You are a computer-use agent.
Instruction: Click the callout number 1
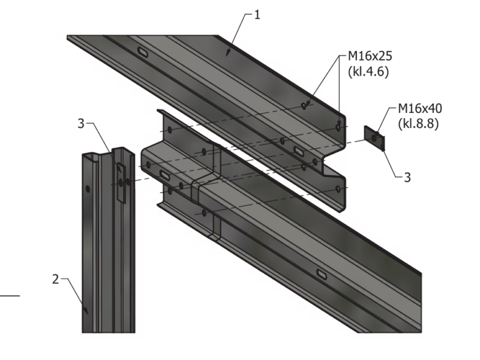coord(257,14)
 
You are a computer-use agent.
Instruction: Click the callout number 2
coord(55,279)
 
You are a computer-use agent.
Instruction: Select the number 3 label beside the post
coord(81,124)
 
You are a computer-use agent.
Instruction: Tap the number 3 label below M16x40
coord(407,177)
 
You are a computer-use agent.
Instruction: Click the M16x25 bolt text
coord(370,56)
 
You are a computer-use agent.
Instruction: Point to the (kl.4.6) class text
coord(368,71)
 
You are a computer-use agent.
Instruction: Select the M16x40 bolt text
coord(420,109)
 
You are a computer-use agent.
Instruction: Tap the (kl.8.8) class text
coord(418,124)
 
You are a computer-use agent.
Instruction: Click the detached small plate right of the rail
coord(374,139)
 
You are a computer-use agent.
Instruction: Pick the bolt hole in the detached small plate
coord(374,139)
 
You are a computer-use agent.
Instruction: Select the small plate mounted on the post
coord(121,183)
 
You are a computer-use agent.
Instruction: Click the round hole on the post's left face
coord(88,189)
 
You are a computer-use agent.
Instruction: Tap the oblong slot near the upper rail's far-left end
coord(143,52)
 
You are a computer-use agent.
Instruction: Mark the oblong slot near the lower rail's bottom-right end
coord(322,274)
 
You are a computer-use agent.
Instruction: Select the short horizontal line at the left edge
coord(10,296)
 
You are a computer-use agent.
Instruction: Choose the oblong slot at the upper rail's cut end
coord(299,151)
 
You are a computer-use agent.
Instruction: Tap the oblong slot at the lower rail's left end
coord(165,175)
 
